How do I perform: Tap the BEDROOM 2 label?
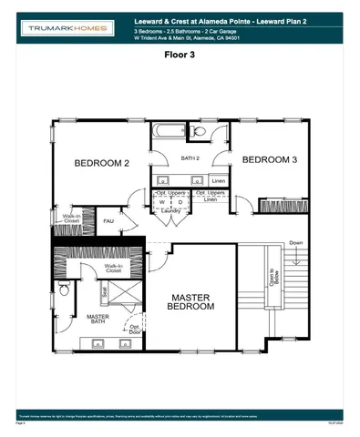click(x=101, y=163)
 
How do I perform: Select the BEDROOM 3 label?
click(x=269, y=159)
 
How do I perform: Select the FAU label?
click(x=108, y=220)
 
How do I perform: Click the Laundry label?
click(x=170, y=210)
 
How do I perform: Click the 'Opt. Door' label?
click(x=135, y=330)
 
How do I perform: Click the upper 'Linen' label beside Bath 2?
click(x=218, y=180)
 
